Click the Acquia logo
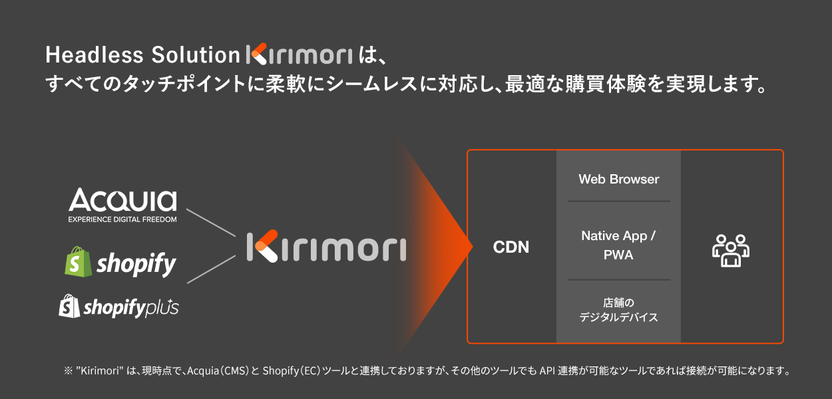tap(122, 200)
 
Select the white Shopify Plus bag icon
tap(69, 306)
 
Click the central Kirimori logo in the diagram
tap(325, 247)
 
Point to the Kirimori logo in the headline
tap(298, 55)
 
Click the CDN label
tap(511, 247)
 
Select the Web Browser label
tap(618, 179)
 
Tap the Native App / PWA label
tap(618, 245)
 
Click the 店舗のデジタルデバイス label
tap(618, 310)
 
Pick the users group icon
tap(731, 250)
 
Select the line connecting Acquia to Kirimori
tap(211, 223)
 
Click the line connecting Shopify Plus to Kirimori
tap(211, 270)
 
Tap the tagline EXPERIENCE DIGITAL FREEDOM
tap(122, 219)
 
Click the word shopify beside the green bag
tap(136, 264)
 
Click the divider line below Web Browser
tap(618, 201)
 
